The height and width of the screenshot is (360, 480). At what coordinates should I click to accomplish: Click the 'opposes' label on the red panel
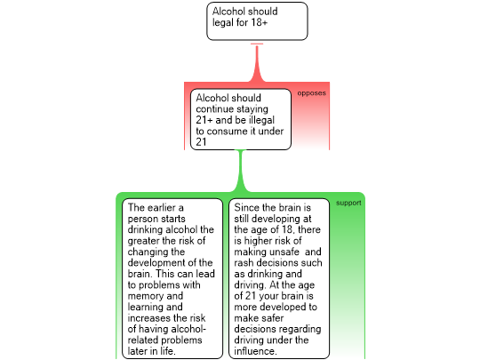pyautogui.click(x=311, y=93)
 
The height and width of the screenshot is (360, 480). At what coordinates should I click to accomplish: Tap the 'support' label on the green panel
pyautogui.click(x=348, y=203)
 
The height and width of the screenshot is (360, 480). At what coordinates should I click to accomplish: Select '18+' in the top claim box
pyautogui.click(x=260, y=22)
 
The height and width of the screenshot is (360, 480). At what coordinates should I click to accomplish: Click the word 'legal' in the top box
pyautogui.click(x=223, y=22)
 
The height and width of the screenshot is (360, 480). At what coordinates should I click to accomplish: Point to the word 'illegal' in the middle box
pyautogui.click(x=261, y=120)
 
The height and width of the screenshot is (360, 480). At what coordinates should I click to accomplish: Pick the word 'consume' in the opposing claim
pyautogui.click(x=231, y=132)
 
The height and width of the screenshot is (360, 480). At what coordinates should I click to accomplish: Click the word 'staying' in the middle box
pyautogui.click(x=253, y=109)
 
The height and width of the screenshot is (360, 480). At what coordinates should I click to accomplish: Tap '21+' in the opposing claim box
pyautogui.click(x=204, y=120)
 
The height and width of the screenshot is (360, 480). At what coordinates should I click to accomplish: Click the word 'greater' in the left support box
pyautogui.click(x=143, y=241)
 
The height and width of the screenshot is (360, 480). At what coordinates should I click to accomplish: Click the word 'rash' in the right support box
pyautogui.click(x=244, y=262)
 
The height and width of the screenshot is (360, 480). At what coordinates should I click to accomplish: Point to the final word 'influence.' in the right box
pyautogui.click(x=255, y=351)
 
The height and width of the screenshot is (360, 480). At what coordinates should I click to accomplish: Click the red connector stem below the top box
pyautogui.click(x=257, y=63)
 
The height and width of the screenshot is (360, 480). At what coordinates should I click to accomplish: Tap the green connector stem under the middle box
pyautogui.click(x=241, y=171)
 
